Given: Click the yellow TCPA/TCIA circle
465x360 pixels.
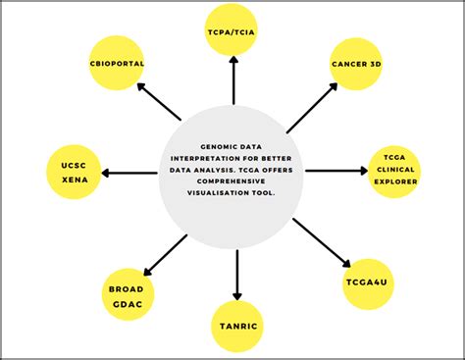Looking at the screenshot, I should [x=233, y=29].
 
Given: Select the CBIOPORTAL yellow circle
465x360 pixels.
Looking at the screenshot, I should [x=117, y=63].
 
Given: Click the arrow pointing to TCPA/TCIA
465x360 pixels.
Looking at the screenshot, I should [x=233, y=80].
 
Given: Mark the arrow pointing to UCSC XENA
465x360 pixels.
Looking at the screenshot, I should [x=129, y=174].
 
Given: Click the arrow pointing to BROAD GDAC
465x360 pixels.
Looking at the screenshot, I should [x=166, y=254].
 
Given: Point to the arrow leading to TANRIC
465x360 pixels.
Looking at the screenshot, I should [x=236, y=274].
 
